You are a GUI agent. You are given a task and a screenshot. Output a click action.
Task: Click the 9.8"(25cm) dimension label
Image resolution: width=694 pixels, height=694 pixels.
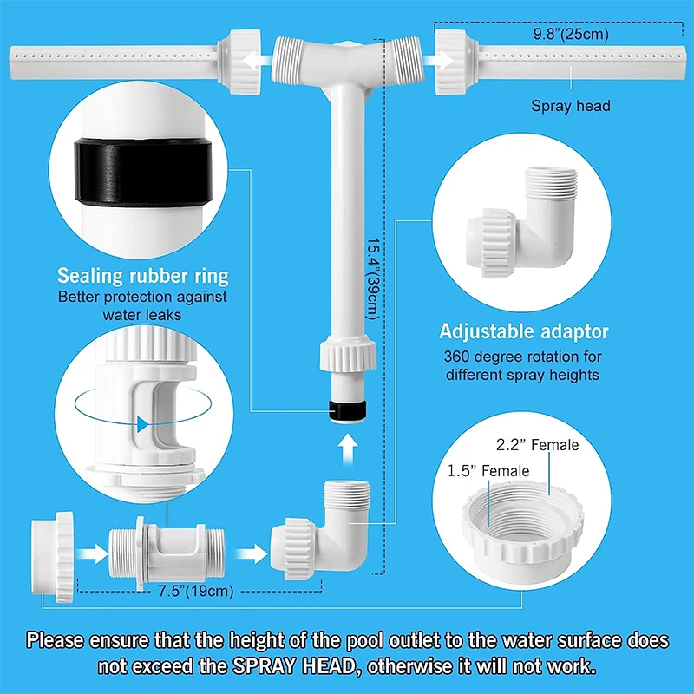[571, 34]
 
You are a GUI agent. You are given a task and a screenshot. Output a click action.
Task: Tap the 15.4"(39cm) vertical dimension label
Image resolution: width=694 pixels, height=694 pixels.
[373, 278]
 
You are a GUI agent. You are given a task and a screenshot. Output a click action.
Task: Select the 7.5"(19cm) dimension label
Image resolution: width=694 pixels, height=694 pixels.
[196, 591]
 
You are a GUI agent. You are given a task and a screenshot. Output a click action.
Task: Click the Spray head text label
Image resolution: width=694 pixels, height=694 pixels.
[571, 106]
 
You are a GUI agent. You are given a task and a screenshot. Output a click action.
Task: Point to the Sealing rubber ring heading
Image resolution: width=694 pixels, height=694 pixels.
[143, 276]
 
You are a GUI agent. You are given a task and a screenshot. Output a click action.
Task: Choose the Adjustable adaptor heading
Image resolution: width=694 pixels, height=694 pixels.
[524, 331]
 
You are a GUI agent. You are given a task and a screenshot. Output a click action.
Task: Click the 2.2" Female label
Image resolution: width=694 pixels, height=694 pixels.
[537, 444]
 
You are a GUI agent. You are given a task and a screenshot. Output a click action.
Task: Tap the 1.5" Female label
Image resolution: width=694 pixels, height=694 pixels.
[488, 470]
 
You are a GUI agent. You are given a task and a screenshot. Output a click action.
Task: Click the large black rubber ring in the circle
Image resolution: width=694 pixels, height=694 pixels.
[143, 172]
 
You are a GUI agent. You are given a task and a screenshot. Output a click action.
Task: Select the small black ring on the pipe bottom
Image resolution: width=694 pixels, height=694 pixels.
[348, 410]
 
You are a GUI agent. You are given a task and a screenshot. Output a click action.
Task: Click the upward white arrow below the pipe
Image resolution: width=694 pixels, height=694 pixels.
[349, 448]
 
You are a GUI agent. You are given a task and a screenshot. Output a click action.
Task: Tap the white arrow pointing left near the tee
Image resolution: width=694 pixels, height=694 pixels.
[257, 60]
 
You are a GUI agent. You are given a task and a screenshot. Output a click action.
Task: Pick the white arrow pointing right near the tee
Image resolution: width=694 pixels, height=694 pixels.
[438, 60]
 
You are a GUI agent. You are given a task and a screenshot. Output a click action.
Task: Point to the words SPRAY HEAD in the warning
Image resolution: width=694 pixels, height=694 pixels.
[294, 665]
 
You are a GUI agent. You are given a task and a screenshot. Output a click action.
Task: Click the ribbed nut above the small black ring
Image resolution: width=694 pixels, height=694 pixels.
[348, 353]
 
